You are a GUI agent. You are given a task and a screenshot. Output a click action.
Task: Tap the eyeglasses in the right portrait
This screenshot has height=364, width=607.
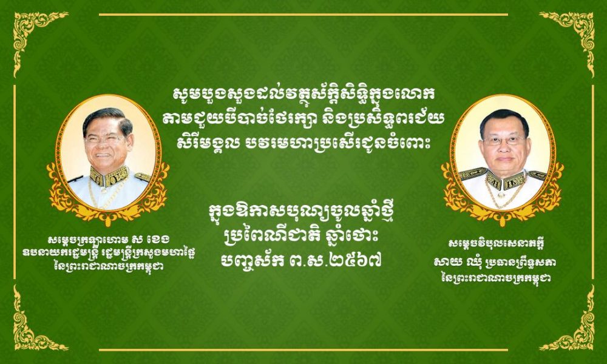pos(504,141)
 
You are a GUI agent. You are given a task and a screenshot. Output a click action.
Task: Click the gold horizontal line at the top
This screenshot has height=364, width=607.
pos(303,15)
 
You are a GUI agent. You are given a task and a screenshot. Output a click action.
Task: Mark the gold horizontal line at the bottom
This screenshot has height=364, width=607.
pos(303,349)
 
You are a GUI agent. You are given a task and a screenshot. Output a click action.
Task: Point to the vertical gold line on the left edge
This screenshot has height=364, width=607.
pos(15,182)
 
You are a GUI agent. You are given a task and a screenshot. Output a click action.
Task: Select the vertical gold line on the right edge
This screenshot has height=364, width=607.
pos(592,182)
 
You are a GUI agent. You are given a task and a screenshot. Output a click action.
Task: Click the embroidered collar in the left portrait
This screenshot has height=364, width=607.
pos(109,176)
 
